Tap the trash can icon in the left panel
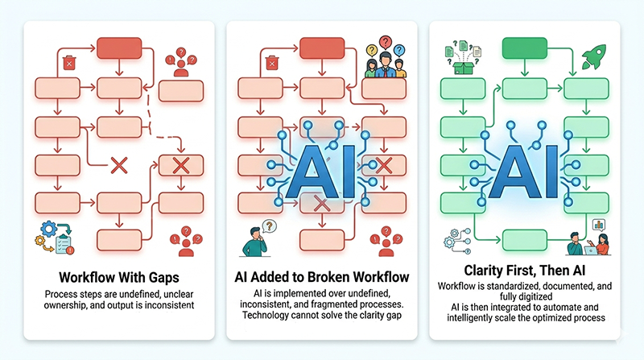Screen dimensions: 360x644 click(70, 61)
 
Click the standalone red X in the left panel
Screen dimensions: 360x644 click(119, 167)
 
